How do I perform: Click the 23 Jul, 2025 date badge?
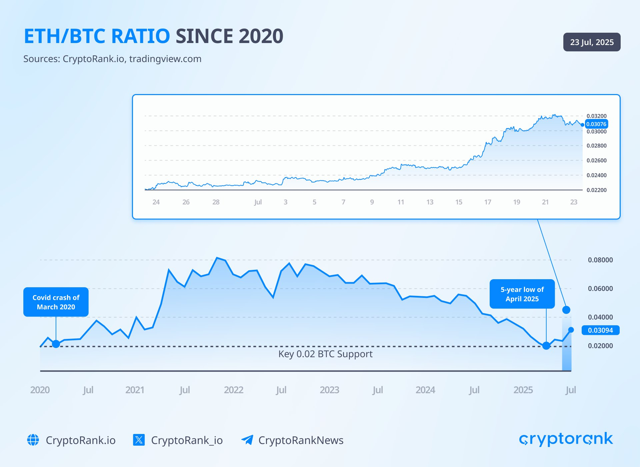coord(592,42)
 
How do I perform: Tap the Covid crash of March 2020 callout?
coord(56,302)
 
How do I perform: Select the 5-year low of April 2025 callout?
coord(522,294)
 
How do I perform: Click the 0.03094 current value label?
coord(600,330)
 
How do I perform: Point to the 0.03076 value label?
coord(596,124)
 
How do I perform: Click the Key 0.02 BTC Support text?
coord(325,354)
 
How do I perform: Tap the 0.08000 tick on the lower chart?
coord(600,260)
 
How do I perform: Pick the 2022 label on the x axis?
coord(234,390)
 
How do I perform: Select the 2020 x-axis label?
coord(40,390)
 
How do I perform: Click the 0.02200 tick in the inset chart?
coord(596,190)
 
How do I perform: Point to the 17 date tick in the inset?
coord(488,202)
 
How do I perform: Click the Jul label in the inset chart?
coord(258,202)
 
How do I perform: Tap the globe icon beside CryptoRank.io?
coord(33,440)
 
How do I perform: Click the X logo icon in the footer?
coord(139,440)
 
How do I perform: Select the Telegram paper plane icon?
coord(247,440)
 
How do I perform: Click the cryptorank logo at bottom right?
coord(566,439)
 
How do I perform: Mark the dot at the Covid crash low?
coord(56,344)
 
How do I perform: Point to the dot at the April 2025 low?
coord(546,346)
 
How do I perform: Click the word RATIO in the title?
coord(140,36)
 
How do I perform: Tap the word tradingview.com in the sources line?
coord(165,59)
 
